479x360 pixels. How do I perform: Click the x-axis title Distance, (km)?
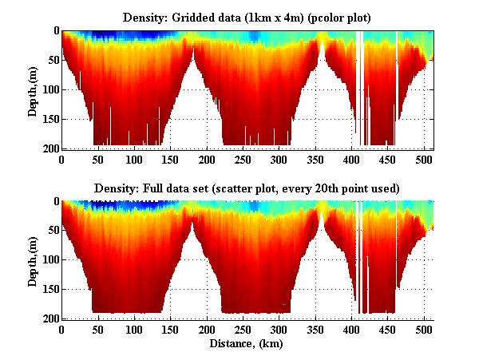(x=247, y=344)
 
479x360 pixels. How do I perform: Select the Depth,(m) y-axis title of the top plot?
(x=33, y=89)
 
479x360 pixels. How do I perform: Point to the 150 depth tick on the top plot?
(x=49, y=119)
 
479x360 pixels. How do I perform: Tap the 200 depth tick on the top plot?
(x=49, y=148)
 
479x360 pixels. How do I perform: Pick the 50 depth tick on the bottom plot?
(x=52, y=231)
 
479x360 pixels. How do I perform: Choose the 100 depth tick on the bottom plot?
(x=49, y=260)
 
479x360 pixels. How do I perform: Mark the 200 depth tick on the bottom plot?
(x=49, y=319)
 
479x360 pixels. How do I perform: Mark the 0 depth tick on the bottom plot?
(x=55, y=201)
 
